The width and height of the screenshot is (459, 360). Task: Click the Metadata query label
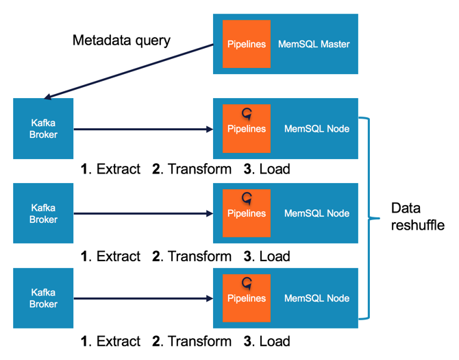click(x=121, y=40)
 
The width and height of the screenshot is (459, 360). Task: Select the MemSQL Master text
click(x=314, y=45)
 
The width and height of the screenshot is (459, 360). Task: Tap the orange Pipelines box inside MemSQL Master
click(x=247, y=45)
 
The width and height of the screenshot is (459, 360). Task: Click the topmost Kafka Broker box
click(x=43, y=129)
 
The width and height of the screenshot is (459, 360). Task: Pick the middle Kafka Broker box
click(x=43, y=213)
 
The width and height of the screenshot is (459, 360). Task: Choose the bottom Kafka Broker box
click(x=43, y=298)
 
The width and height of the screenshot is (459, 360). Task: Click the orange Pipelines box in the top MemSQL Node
click(x=247, y=129)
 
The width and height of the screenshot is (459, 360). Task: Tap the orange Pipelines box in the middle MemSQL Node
click(x=247, y=213)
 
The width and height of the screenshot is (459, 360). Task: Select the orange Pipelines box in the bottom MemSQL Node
click(x=247, y=298)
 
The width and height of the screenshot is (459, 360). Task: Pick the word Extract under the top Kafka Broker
click(x=119, y=169)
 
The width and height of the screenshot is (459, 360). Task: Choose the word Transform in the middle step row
click(x=199, y=256)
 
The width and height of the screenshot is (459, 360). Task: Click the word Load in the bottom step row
click(x=274, y=341)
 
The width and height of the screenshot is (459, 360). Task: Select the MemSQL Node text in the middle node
click(x=317, y=213)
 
